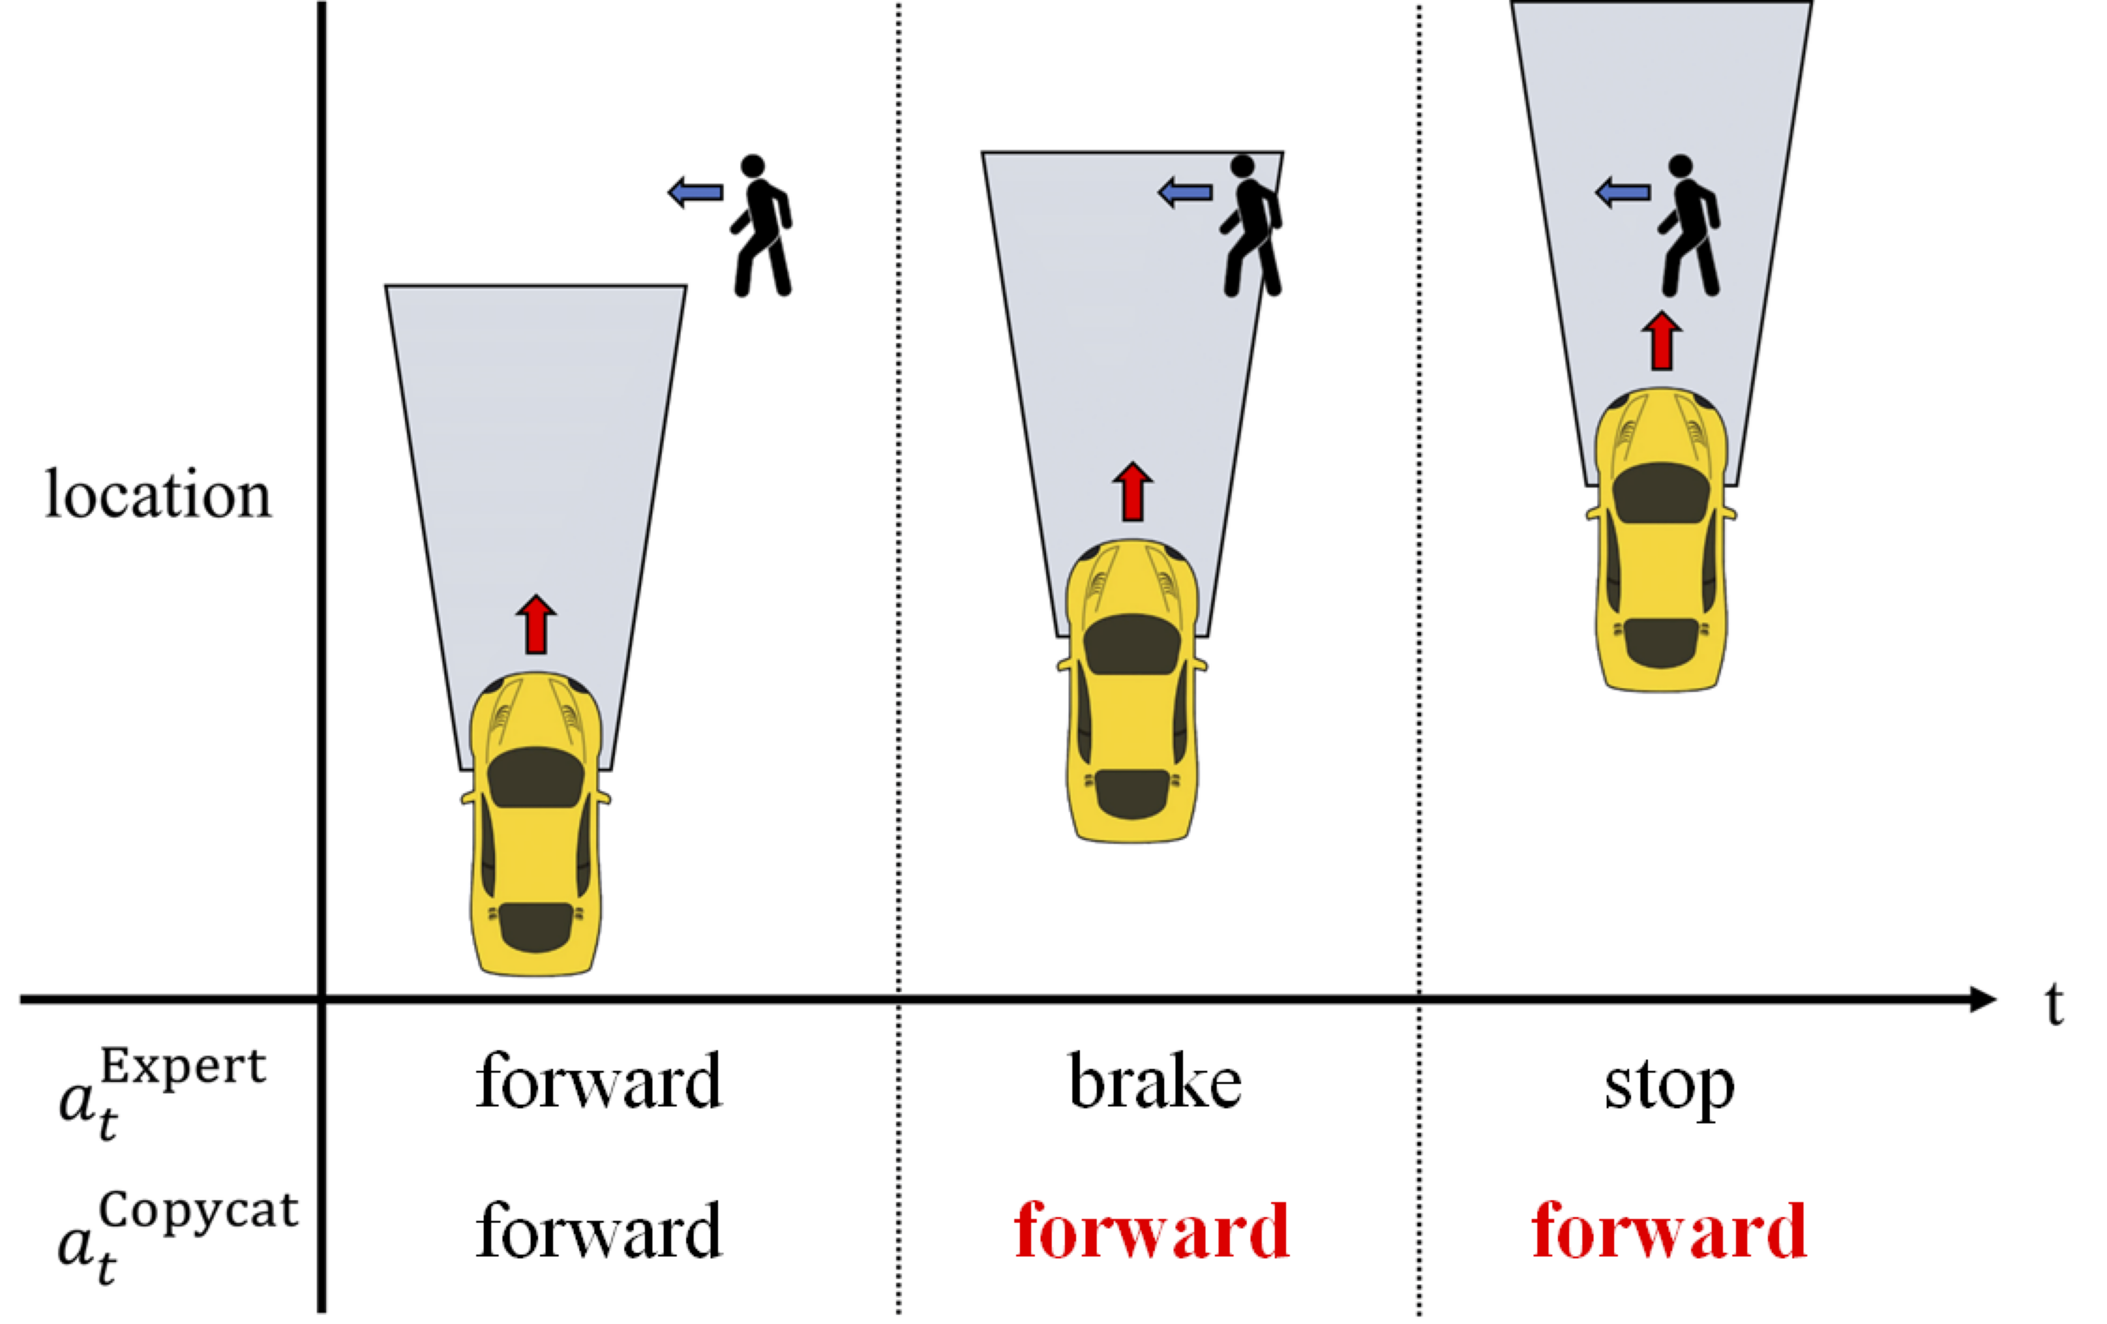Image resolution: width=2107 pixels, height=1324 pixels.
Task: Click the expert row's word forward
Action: click(599, 1082)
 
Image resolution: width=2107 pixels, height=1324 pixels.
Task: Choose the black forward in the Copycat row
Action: click(599, 1231)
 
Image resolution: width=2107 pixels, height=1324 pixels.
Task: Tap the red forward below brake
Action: click(1152, 1231)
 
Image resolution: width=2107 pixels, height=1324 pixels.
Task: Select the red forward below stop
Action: click(1669, 1231)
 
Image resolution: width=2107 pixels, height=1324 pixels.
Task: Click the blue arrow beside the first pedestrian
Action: click(696, 192)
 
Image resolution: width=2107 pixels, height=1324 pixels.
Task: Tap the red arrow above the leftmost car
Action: click(535, 624)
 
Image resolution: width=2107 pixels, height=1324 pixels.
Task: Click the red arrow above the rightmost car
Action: click(1661, 341)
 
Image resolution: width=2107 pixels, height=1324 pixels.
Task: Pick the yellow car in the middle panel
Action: click(1132, 691)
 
